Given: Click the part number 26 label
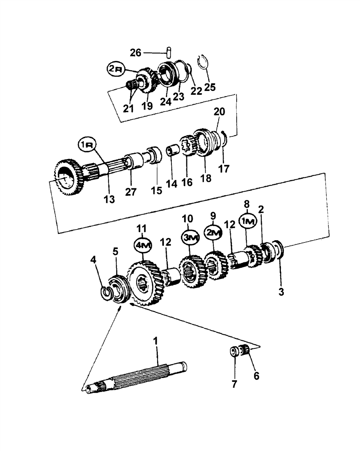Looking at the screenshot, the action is click(135, 53).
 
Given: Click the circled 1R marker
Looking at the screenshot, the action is click(87, 145).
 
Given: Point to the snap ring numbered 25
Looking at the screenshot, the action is click(203, 61).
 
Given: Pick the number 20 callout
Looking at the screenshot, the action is click(219, 112).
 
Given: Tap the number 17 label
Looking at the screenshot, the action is click(224, 169).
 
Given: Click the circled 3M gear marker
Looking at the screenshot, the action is click(190, 237).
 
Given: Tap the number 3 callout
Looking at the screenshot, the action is click(281, 291).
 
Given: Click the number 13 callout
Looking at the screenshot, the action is click(109, 199).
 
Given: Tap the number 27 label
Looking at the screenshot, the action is click(131, 192).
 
